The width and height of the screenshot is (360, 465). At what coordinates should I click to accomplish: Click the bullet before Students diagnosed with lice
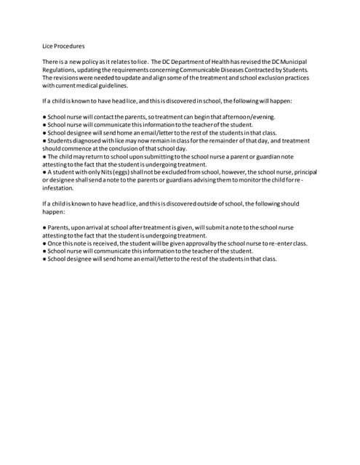[44, 140]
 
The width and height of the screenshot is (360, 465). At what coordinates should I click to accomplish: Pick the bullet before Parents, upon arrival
[44, 227]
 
